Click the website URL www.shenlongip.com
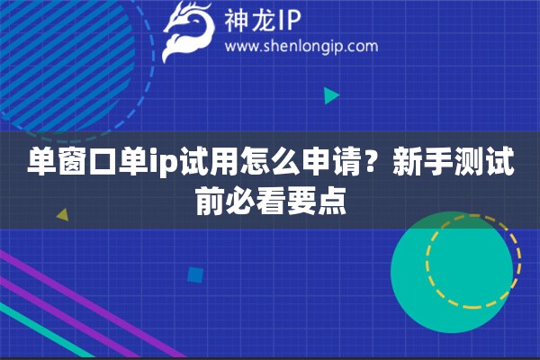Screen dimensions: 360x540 tap(300, 46)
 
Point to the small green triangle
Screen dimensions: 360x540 tap(330, 94)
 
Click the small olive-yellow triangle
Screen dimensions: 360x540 tap(62, 214)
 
